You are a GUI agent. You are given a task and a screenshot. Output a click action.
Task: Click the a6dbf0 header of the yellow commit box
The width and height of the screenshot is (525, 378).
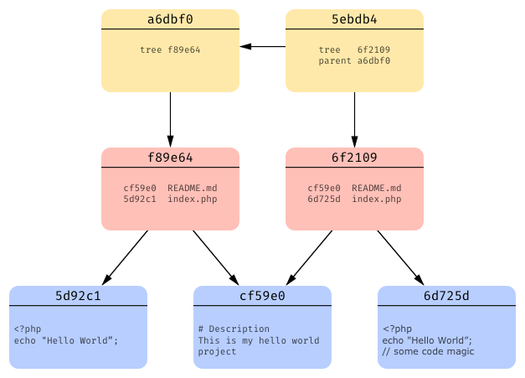(170, 18)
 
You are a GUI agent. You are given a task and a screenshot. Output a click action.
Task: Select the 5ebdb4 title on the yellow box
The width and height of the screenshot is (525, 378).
(354, 18)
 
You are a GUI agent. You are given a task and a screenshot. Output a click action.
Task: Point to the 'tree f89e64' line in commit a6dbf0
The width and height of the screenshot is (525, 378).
(170, 49)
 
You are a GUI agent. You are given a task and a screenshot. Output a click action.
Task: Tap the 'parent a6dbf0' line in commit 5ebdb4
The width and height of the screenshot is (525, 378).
(354, 60)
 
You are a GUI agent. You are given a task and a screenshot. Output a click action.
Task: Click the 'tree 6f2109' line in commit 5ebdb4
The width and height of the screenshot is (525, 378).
(354, 49)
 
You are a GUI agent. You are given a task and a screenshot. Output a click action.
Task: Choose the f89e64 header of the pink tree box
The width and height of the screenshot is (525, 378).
(170, 157)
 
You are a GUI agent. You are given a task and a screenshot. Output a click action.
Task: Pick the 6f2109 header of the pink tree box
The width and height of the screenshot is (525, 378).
(354, 157)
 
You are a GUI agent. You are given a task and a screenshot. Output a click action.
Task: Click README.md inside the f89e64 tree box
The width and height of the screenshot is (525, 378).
(192, 188)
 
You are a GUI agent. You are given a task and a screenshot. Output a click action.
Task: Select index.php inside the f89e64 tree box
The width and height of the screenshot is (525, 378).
(192, 199)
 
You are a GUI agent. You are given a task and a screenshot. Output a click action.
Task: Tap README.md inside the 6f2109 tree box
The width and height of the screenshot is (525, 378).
(376, 188)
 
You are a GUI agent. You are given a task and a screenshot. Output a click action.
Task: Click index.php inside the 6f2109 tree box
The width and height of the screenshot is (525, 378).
(376, 199)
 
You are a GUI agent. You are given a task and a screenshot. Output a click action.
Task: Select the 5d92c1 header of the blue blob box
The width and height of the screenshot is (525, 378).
(78, 295)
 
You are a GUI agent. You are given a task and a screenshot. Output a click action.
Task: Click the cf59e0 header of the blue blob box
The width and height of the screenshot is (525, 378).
(262, 295)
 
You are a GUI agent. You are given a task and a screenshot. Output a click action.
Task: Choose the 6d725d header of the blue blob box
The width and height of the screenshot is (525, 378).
(446, 295)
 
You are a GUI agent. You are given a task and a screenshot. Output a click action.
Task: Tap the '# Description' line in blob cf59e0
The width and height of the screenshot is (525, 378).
(234, 329)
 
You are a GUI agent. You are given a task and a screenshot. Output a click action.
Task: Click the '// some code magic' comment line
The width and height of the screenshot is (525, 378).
(428, 351)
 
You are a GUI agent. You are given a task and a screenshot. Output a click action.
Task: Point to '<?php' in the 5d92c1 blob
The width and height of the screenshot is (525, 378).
(27, 329)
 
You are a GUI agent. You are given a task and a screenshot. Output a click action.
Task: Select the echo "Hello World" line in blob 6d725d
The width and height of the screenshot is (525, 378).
(427, 340)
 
